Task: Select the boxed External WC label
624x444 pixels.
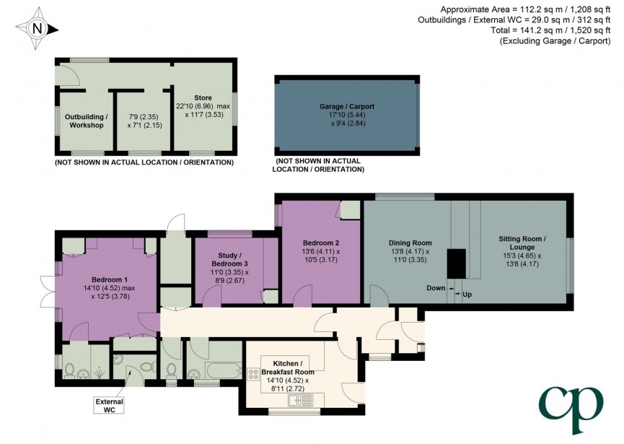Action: pos(110,405)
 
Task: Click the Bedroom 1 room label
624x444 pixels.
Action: pos(110,279)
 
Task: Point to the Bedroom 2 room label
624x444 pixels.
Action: pos(321,243)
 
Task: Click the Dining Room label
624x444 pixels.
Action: pos(410,243)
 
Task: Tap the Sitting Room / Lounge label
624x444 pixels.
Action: pos(522,242)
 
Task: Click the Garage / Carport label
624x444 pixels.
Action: pos(347,106)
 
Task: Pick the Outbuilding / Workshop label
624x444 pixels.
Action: pos(86,121)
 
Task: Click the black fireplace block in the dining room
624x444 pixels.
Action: pos(457,264)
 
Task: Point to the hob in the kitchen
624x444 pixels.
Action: pos(254,373)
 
